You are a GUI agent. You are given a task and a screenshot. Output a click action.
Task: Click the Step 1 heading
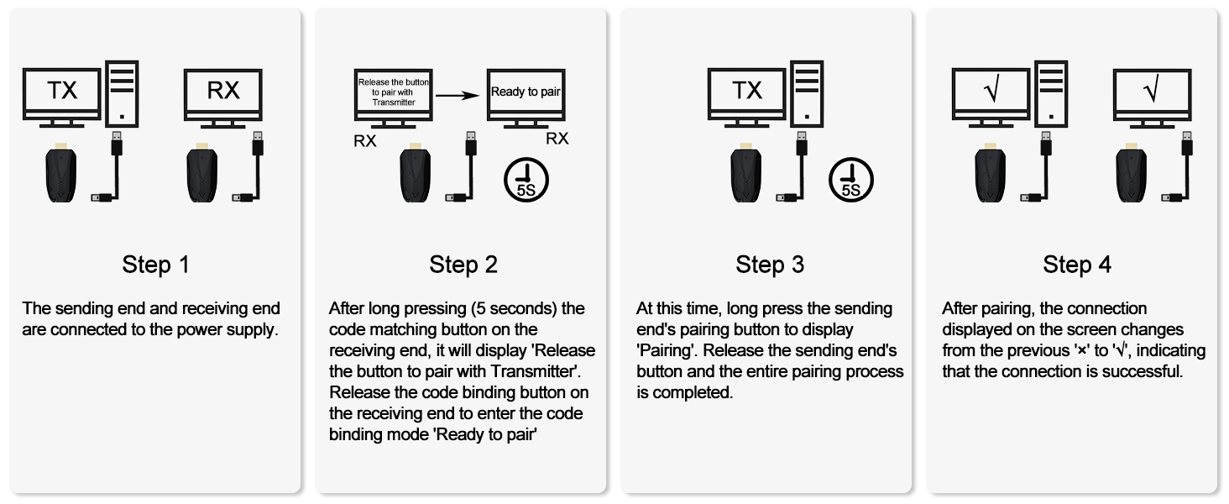pyautogui.click(x=156, y=265)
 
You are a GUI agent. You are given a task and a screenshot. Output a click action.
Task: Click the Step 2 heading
pyautogui.click(x=463, y=265)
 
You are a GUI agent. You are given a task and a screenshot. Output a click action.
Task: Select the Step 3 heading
pyautogui.click(x=770, y=265)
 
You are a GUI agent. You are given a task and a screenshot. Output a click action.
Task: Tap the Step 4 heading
pyautogui.click(x=1077, y=265)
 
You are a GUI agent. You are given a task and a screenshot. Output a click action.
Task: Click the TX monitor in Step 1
pyautogui.click(x=62, y=91)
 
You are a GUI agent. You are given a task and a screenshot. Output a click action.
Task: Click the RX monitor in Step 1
pyautogui.click(x=223, y=91)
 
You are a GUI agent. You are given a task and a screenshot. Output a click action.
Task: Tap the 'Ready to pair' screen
pyautogui.click(x=526, y=92)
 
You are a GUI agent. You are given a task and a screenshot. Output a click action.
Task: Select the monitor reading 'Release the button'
pyautogui.click(x=394, y=92)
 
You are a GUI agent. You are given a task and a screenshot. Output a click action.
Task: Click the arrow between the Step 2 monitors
pyautogui.click(x=460, y=95)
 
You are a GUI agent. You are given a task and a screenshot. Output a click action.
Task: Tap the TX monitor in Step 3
pyautogui.click(x=747, y=91)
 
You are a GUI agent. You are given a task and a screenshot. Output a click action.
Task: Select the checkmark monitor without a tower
pyautogui.click(x=1152, y=91)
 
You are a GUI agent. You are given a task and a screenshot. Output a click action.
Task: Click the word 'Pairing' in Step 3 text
pyautogui.click(x=666, y=351)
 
